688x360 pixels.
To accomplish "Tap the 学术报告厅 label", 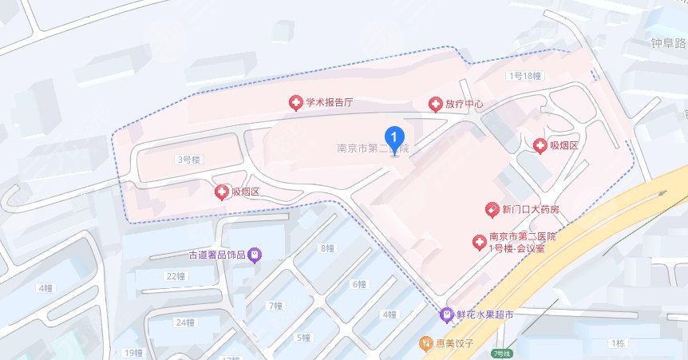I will tap(328, 103).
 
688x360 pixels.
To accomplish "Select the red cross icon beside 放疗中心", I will tap(436, 105).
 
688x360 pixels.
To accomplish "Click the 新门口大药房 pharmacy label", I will tap(530, 210).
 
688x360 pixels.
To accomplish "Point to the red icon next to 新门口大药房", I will tap(492, 210).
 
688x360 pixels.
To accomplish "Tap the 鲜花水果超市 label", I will tap(484, 315).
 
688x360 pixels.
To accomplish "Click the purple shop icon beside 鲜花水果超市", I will tap(448, 315).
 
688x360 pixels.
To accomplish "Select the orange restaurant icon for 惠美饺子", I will tap(426, 343).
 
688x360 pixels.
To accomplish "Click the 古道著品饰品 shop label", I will tap(216, 255).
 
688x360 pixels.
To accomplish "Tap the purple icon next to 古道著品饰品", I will tap(255, 255).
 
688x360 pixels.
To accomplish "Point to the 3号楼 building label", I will tap(188, 160).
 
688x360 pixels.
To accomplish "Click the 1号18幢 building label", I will tap(525, 76).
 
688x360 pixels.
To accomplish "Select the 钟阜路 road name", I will tap(668, 45).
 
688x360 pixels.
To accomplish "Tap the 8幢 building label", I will tap(326, 248).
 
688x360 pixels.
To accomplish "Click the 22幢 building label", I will tap(175, 276).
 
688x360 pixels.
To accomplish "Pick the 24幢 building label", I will tap(184, 322).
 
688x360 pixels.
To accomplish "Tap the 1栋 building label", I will tap(616, 343).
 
